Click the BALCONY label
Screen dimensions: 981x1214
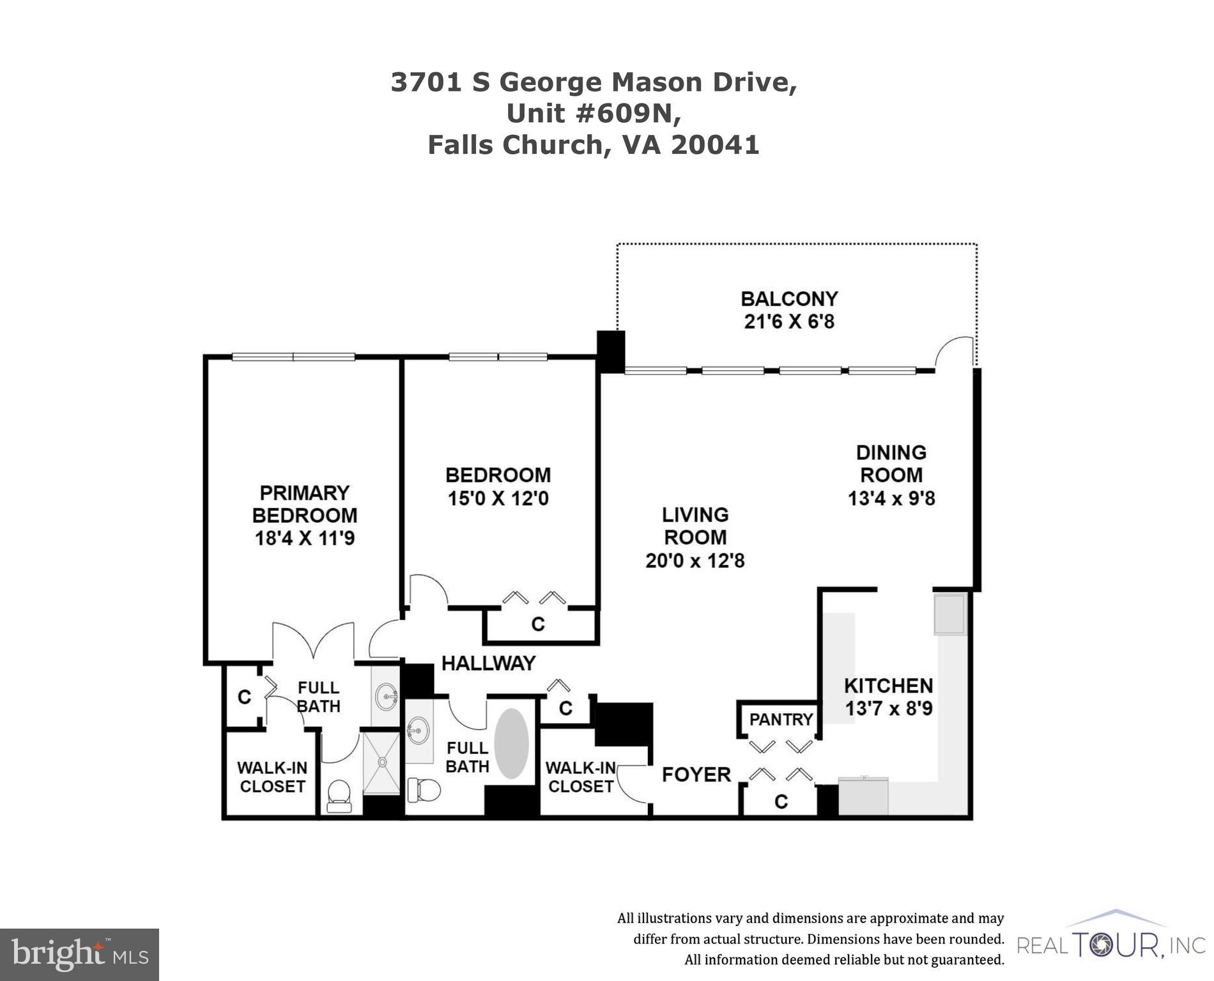(789, 299)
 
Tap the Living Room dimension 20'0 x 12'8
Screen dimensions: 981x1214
(695, 561)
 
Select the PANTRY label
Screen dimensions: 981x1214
(781, 720)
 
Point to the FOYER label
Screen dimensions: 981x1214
(696, 775)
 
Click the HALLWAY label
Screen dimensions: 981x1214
(488, 663)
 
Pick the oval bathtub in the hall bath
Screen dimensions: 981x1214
(512, 743)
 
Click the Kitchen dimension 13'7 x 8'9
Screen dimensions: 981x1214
(889, 709)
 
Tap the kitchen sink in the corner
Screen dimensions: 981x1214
(949, 614)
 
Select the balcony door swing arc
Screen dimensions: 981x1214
(955, 351)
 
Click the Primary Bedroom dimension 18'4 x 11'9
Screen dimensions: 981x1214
(305, 538)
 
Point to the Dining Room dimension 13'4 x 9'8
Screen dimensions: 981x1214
(891, 498)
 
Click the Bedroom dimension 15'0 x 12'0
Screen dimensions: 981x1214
(498, 498)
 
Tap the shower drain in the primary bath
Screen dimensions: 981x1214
(382, 762)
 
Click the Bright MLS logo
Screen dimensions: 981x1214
(79, 955)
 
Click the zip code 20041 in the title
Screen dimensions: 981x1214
(714, 145)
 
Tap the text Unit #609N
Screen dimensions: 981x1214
(594, 114)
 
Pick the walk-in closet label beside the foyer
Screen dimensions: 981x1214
(580, 777)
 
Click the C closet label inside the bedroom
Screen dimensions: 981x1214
(538, 624)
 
